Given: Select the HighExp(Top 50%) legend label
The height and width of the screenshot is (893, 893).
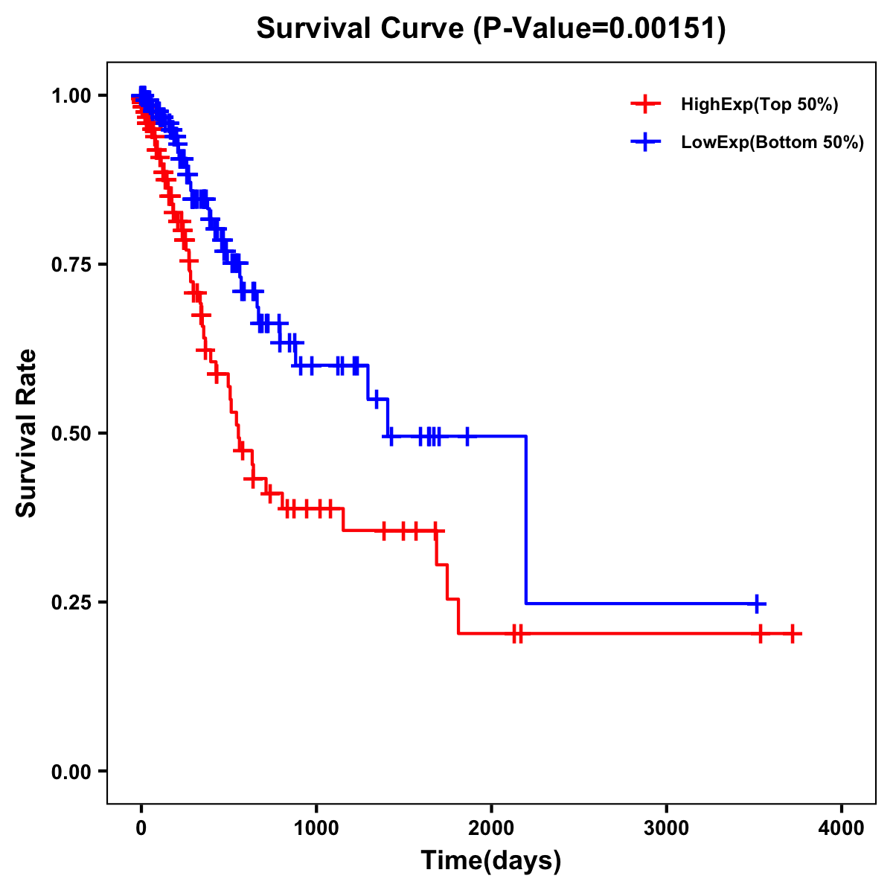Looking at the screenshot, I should tap(759, 105).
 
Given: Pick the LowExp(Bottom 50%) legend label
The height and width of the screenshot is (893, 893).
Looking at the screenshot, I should tap(772, 143).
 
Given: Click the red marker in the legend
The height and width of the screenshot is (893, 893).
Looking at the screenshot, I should tap(645, 105).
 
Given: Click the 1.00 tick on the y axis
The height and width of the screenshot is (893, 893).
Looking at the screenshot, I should tap(70, 96).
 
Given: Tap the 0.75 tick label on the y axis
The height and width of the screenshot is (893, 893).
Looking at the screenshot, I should tap(70, 265).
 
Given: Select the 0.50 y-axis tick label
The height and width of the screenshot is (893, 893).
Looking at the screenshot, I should tap(70, 434).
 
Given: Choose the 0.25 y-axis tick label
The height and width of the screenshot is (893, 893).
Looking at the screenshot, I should tap(70, 603).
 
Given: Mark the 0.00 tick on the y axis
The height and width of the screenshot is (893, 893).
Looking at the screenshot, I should tap(70, 772).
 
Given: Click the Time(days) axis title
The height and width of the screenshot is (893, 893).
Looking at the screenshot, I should tap(491, 861).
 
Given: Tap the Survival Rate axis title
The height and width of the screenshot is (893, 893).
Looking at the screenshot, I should tap(27, 433).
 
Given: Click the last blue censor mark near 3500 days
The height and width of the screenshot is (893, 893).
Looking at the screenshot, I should tap(756, 604).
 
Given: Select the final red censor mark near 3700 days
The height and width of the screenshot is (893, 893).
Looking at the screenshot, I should tap(793, 634).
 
